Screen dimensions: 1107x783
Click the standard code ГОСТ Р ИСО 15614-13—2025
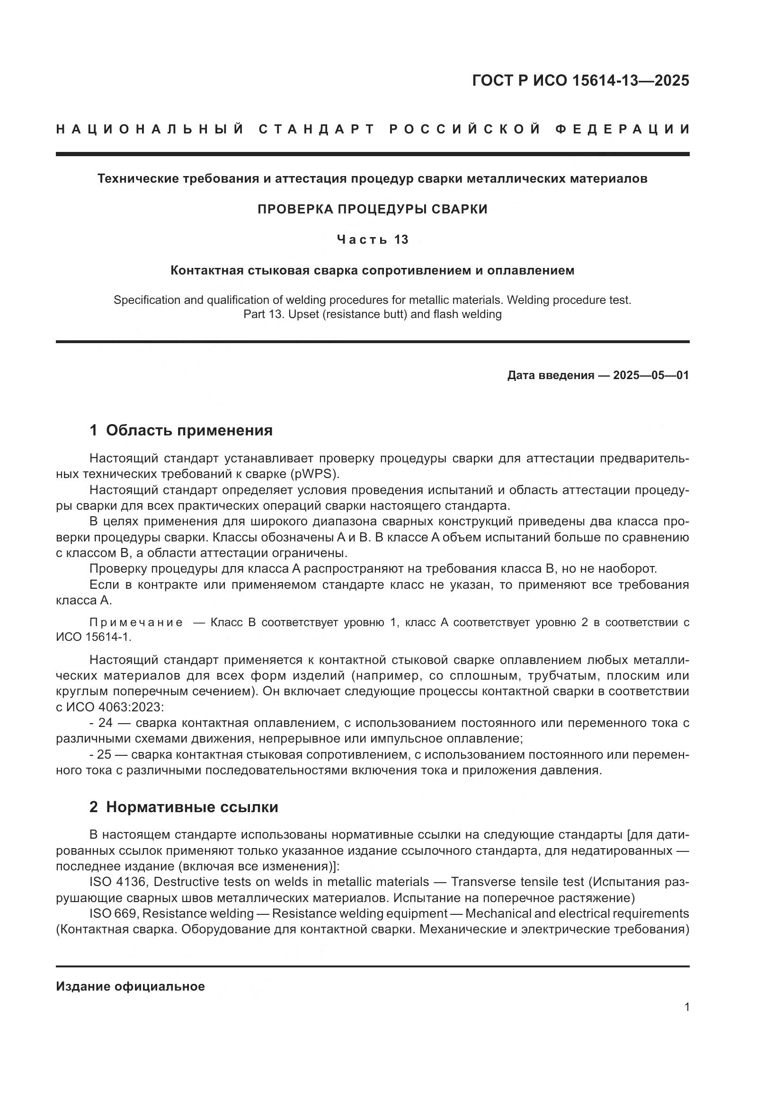[580, 80]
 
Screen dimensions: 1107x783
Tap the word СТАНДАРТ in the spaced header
[317, 129]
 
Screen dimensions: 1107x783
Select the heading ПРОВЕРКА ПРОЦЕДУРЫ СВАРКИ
[372, 209]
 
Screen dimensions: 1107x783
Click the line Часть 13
[372, 239]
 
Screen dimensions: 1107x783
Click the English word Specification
[145, 300]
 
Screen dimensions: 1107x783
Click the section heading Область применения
[189, 430]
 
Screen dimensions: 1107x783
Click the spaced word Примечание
[136, 622]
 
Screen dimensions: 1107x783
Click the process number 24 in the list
[105, 723]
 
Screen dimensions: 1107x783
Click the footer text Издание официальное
[130, 986]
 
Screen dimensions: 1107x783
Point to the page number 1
[686, 1007]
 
